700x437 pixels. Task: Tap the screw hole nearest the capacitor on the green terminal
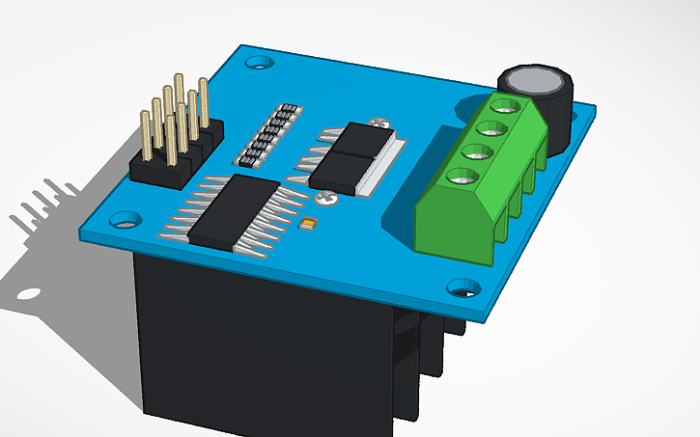coord(499,105)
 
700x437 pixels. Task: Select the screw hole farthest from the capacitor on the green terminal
coord(458,175)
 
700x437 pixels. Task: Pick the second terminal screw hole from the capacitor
coord(487,127)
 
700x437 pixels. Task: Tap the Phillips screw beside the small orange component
coord(324,199)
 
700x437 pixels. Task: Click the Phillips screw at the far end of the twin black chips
coord(380,123)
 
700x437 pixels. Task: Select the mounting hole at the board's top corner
coord(257,64)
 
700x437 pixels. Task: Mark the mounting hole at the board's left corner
coord(123,219)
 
